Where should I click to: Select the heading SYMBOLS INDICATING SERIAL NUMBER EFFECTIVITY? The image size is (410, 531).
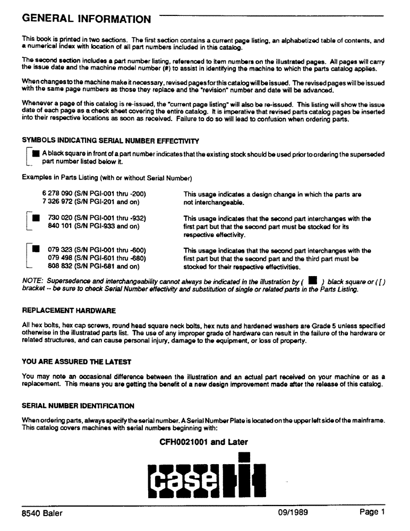[110, 141]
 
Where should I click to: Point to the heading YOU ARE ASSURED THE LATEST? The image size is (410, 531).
[76, 362]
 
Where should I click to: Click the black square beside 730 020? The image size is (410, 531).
[36, 218]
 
